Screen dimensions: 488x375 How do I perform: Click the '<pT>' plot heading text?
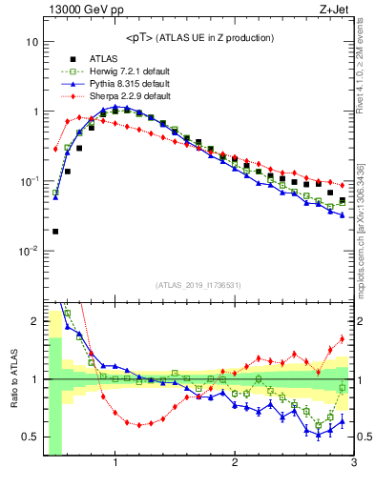[x=198, y=37]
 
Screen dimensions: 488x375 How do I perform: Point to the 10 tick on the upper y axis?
[x=31, y=43]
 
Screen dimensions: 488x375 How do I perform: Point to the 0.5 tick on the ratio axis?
[x=30, y=437]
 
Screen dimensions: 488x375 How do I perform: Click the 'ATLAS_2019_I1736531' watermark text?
[x=198, y=285]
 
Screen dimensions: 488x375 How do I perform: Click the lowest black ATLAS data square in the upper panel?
[x=55, y=231]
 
